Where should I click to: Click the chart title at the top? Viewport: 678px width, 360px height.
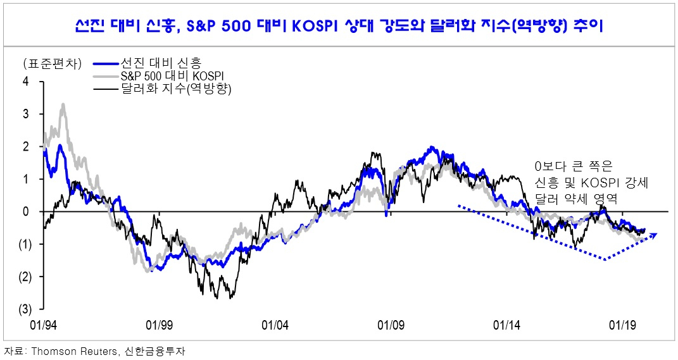pyautogui.click(x=339, y=26)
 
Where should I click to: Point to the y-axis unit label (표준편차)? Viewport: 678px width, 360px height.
pyautogui.click(x=53, y=64)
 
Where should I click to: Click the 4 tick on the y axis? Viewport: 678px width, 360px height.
pyautogui.click(x=26, y=81)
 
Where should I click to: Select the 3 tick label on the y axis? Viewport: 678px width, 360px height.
pyautogui.click(x=26, y=114)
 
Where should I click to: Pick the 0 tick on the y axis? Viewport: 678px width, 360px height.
pyautogui.click(x=26, y=211)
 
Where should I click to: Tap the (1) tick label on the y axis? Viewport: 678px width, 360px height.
pyautogui.click(x=25, y=244)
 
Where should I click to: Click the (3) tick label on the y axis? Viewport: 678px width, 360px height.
pyautogui.click(x=25, y=309)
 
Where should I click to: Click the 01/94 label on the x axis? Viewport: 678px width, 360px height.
pyautogui.click(x=43, y=325)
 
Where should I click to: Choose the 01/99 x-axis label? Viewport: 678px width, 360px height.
pyautogui.click(x=159, y=325)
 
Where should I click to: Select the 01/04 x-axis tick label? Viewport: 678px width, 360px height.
pyautogui.click(x=275, y=325)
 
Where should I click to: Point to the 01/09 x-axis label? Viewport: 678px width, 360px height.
pyautogui.click(x=391, y=325)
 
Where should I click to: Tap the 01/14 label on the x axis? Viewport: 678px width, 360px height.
pyautogui.click(x=507, y=325)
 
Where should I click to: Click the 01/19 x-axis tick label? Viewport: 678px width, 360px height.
pyautogui.click(x=622, y=325)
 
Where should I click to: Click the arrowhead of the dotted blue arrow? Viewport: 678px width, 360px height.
pyautogui.click(x=654, y=235)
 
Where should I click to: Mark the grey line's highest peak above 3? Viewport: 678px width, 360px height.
pyautogui.click(x=63, y=104)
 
